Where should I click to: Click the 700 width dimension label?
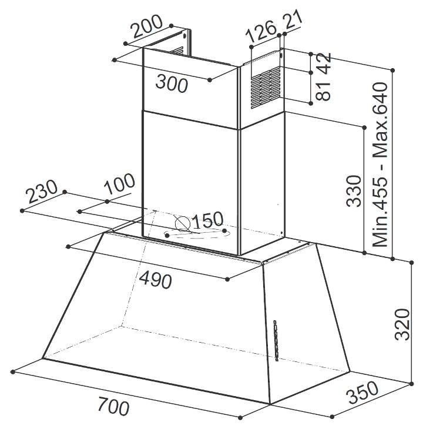(113, 408)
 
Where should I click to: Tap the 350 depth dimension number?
(362, 393)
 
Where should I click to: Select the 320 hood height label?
(402, 324)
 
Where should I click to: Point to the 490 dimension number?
(156, 280)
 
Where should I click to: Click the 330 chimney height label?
(354, 190)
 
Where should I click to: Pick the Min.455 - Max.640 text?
(380, 165)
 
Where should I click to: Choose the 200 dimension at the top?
(146, 26)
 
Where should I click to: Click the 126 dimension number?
(261, 32)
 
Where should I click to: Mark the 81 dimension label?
(323, 91)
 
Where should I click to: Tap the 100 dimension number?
(119, 183)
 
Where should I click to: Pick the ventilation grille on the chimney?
(266, 88)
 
